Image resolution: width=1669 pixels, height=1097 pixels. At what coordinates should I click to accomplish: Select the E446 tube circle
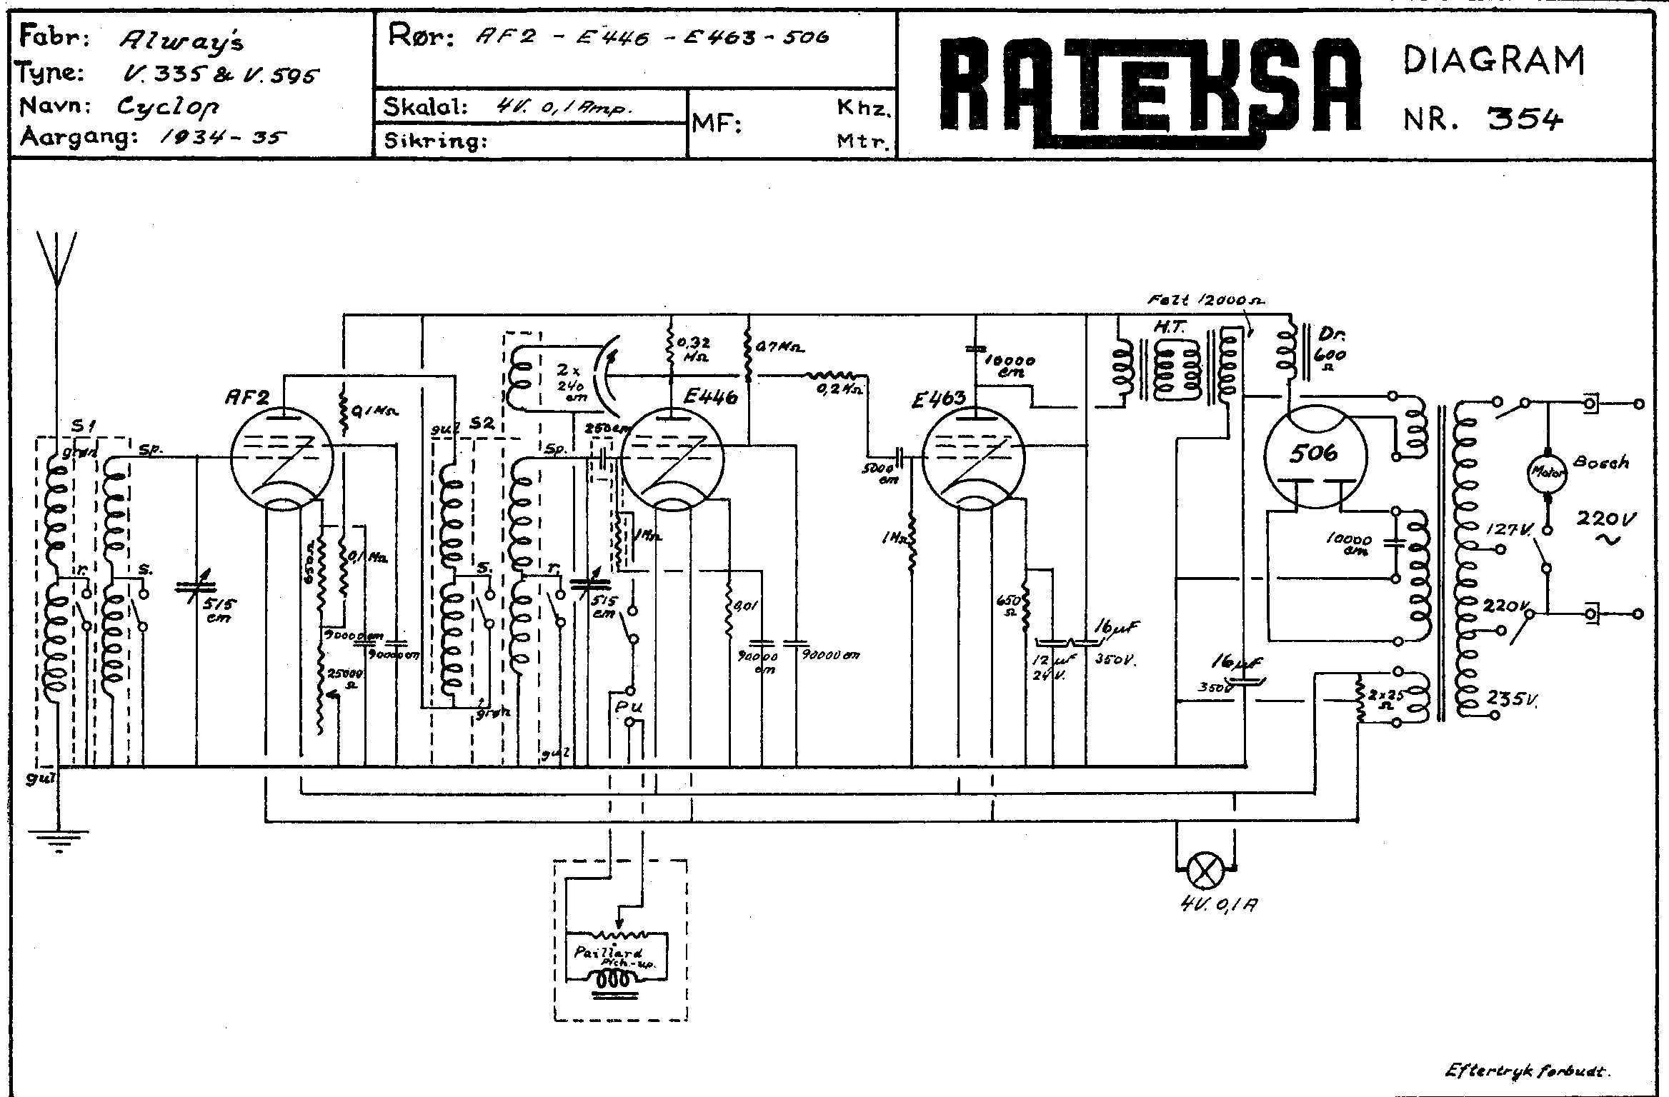tap(672, 459)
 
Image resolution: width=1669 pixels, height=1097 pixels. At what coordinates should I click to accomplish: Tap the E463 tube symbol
tap(973, 459)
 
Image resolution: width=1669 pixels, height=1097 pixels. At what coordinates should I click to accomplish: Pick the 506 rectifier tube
tap(1315, 456)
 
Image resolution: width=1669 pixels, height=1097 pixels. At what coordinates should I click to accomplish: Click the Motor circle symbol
tap(1546, 471)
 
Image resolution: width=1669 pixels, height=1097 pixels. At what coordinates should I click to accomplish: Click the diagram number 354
tap(1524, 119)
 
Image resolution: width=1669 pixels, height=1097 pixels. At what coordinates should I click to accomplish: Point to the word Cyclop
tap(167, 108)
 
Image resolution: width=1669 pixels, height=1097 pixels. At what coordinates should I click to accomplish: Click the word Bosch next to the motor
tap(1601, 462)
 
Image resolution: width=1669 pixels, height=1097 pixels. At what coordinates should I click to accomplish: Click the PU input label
tap(629, 706)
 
